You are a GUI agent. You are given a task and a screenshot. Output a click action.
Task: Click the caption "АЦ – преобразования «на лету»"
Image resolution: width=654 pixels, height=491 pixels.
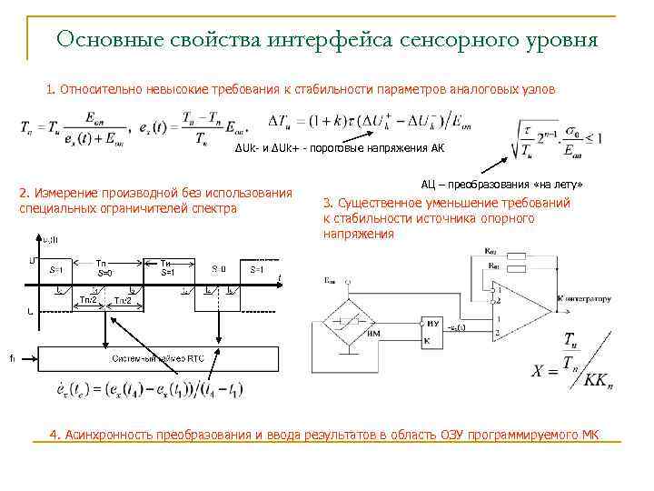pos(501,184)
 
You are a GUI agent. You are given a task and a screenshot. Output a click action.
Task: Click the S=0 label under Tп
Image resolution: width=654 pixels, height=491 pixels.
pos(104,272)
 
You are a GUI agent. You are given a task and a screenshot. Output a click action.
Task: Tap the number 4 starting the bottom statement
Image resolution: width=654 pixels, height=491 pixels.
pos(54,435)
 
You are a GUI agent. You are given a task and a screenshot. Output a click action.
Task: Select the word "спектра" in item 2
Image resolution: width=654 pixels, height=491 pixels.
pos(217,208)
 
